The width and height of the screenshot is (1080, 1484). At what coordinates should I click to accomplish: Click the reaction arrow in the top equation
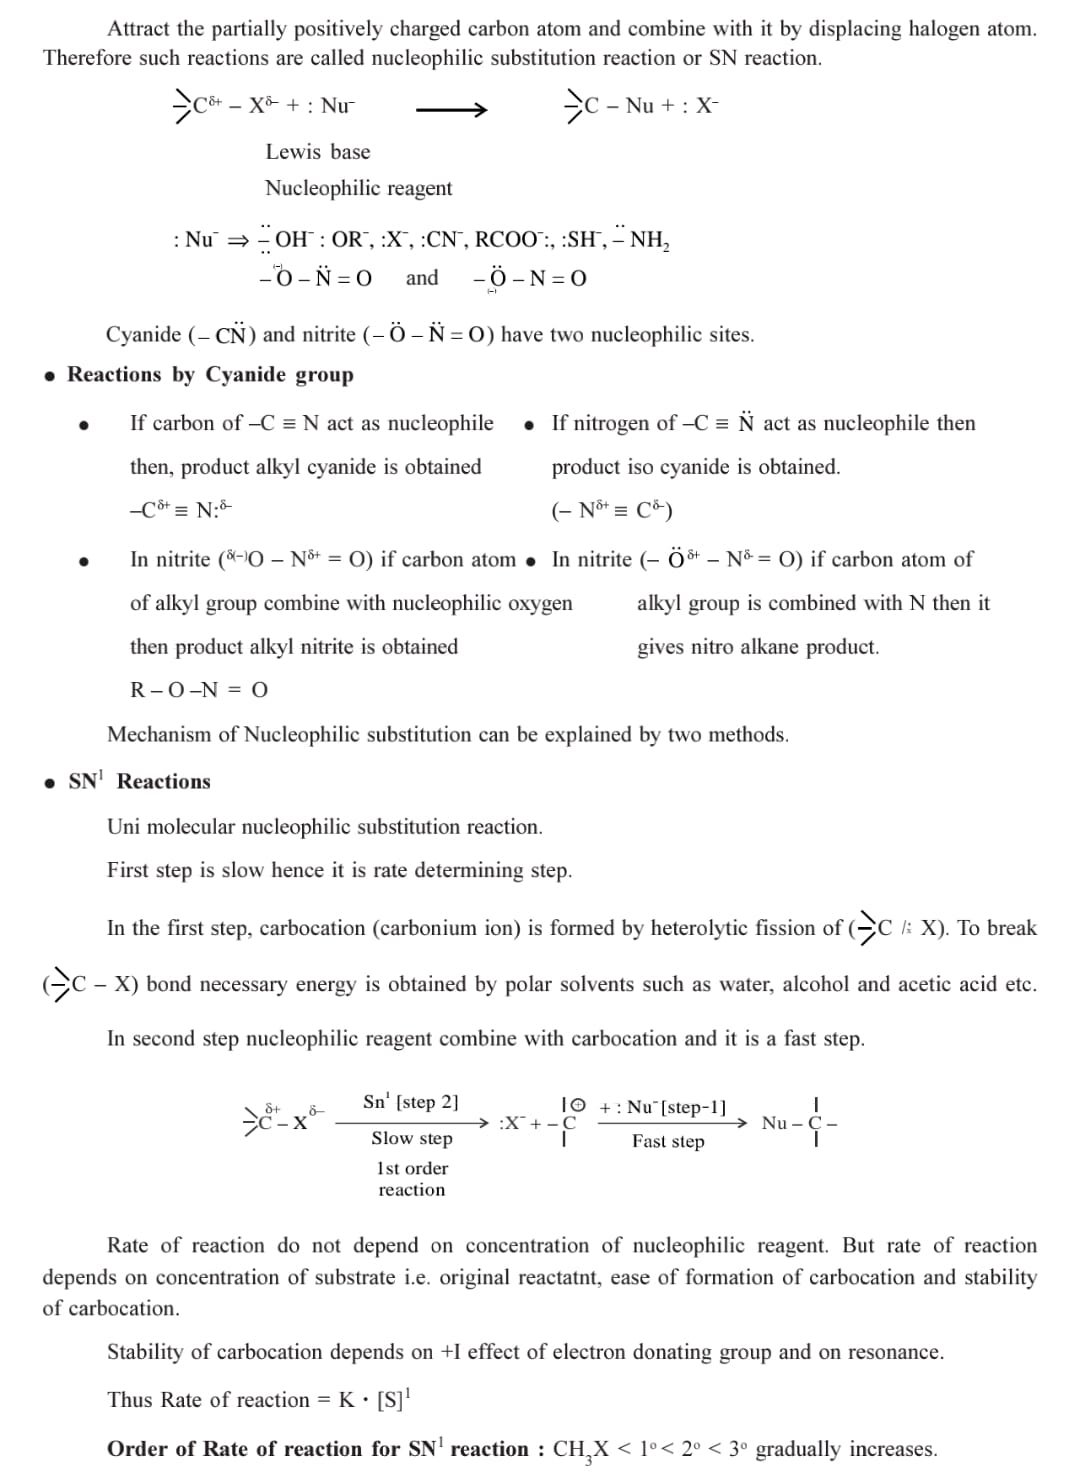tap(451, 108)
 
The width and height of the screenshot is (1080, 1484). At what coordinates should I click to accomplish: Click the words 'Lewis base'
tap(317, 152)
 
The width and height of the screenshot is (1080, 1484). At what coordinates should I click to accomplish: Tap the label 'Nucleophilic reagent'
tap(358, 188)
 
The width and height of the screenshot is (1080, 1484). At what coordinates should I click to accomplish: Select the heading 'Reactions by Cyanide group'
tap(210, 375)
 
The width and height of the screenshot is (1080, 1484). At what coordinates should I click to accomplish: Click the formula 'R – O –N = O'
tap(199, 690)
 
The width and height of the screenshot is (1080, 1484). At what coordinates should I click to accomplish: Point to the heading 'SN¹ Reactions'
tap(139, 782)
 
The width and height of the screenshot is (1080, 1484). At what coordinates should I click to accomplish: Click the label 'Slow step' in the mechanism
tap(411, 1139)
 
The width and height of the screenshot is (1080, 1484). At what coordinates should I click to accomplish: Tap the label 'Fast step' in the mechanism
tap(667, 1142)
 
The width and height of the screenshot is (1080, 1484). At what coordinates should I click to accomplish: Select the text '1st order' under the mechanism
tap(412, 1168)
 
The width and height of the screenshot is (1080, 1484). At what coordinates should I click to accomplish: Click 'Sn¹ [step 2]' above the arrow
tap(411, 1102)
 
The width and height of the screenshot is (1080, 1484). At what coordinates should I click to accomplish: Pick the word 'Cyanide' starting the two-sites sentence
tap(143, 335)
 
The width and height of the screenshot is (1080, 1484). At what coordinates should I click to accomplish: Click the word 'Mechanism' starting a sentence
tap(159, 735)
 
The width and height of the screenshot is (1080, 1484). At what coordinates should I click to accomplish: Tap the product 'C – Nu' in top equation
tap(610, 106)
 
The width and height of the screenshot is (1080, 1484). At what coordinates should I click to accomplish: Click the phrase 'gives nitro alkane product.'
tap(758, 647)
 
